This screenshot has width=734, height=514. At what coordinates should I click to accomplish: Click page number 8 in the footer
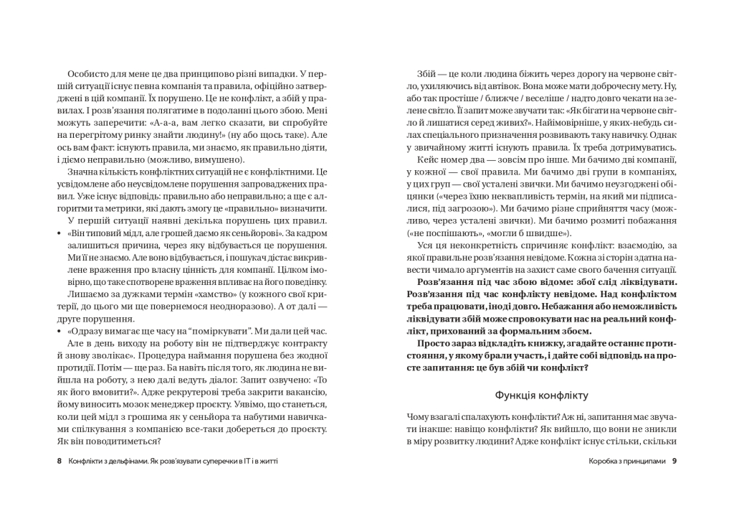(59, 461)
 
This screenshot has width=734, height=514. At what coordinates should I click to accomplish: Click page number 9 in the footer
(674, 461)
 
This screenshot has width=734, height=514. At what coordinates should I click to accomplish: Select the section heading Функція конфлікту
(541, 395)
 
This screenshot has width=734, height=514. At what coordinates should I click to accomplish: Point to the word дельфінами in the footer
(123, 461)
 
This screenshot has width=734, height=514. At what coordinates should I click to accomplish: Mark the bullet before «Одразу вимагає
(58, 332)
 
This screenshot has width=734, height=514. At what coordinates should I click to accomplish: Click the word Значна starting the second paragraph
(84, 172)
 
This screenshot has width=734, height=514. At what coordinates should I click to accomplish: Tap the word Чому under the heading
(418, 417)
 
